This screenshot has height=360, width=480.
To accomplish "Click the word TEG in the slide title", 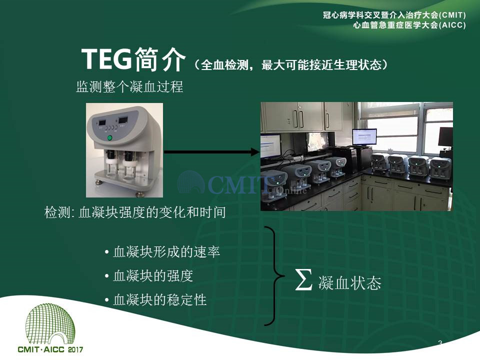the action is (x=106, y=59).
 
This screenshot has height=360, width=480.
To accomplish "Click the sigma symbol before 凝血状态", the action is (x=303, y=279).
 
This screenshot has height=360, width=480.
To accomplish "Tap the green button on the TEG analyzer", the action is (x=109, y=138).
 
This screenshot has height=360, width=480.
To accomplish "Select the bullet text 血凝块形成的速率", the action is (x=166, y=252).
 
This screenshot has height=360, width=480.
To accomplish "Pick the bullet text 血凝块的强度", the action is (x=153, y=276).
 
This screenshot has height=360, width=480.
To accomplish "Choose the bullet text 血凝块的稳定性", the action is (x=159, y=299).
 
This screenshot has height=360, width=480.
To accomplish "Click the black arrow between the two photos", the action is (x=212, y=152).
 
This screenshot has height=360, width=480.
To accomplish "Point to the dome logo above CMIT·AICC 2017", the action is (x=50, y=323).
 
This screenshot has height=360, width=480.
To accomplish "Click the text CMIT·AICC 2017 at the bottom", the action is (x=50, y=349).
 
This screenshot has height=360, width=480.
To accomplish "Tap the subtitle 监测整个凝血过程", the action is (x=129, y=86).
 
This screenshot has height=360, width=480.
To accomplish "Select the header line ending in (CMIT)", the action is (x=394, y=15).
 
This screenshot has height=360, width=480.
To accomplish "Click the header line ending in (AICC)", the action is (x=409, y=25).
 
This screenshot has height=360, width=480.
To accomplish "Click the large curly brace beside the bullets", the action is (x=274, y=276).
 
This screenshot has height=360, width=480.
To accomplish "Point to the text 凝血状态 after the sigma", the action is (x=349, y=282).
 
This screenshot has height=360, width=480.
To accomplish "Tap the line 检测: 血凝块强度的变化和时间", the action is (x=135, y=212).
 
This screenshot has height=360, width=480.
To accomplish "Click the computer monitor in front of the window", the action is (x=364, y=137).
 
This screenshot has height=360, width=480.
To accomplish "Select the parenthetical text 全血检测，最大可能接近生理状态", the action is (x=291, y=65).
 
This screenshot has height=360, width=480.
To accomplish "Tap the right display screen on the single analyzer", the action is (x=123, y=119).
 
